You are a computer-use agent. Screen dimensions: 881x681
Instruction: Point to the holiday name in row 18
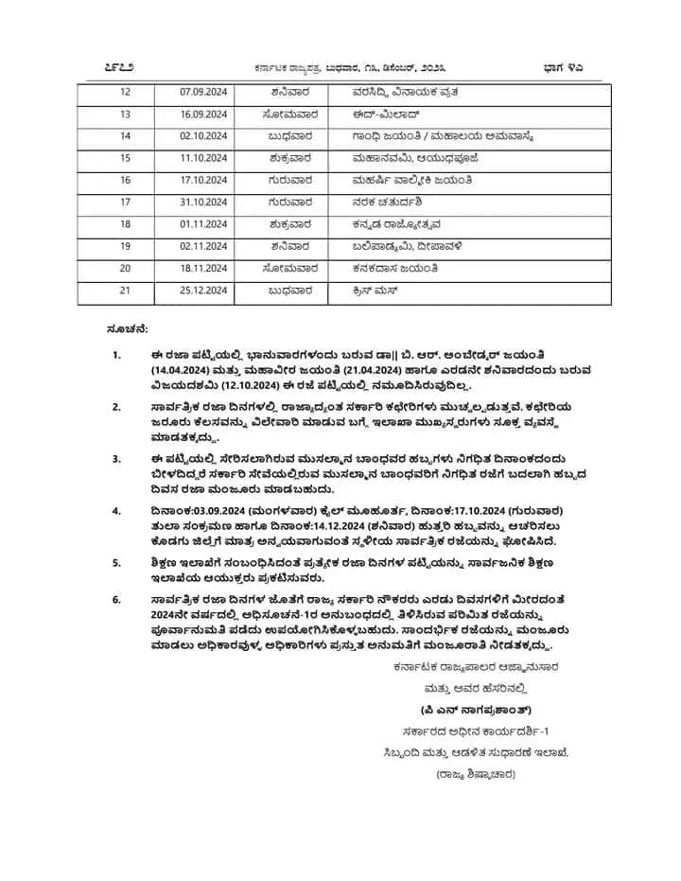[396, 223]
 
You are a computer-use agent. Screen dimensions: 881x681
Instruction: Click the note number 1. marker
[116, 355]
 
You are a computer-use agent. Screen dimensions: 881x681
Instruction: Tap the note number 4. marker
[116, 511]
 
